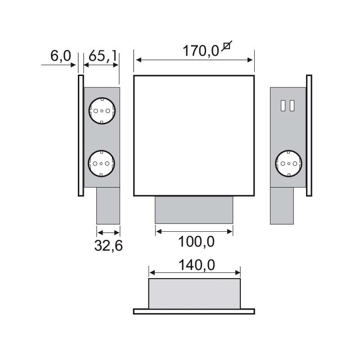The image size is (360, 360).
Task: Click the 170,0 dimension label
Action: click(x=201, y=51)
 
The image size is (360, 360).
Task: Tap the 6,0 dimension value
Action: click(x=61, y=56)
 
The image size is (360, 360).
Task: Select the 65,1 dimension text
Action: click(x=103, y=56)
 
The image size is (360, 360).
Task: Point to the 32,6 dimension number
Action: click(x=108, y=245)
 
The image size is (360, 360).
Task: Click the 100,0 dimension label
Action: click(x=196, y=242)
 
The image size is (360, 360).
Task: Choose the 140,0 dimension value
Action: click(x=197, y=265)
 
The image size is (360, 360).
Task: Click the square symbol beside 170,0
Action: click(x=227, y=46)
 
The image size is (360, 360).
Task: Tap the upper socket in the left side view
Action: click(x=102, y=111)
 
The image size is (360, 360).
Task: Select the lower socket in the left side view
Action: click(x=101, y=163)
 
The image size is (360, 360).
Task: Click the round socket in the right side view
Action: click(x=289, y=163)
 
